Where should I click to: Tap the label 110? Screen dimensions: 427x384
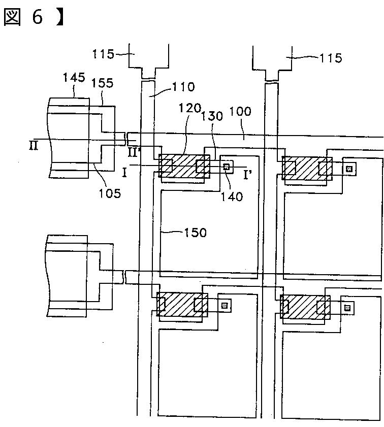183,87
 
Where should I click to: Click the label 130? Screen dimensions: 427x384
212,115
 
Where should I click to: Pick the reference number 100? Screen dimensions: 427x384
240,112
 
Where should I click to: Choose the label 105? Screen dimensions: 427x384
110,192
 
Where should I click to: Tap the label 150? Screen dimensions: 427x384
195,233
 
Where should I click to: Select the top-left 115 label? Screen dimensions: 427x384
104,53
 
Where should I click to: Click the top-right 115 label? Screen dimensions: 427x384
331,58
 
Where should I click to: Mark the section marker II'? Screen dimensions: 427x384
134,151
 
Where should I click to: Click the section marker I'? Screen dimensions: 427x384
248,175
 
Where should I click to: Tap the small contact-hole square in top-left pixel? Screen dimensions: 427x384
227,166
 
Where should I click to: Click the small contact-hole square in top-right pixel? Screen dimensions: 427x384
348,169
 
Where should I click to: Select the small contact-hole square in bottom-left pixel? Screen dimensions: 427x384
225,305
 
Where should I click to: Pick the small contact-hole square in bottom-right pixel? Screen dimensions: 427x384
347,307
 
